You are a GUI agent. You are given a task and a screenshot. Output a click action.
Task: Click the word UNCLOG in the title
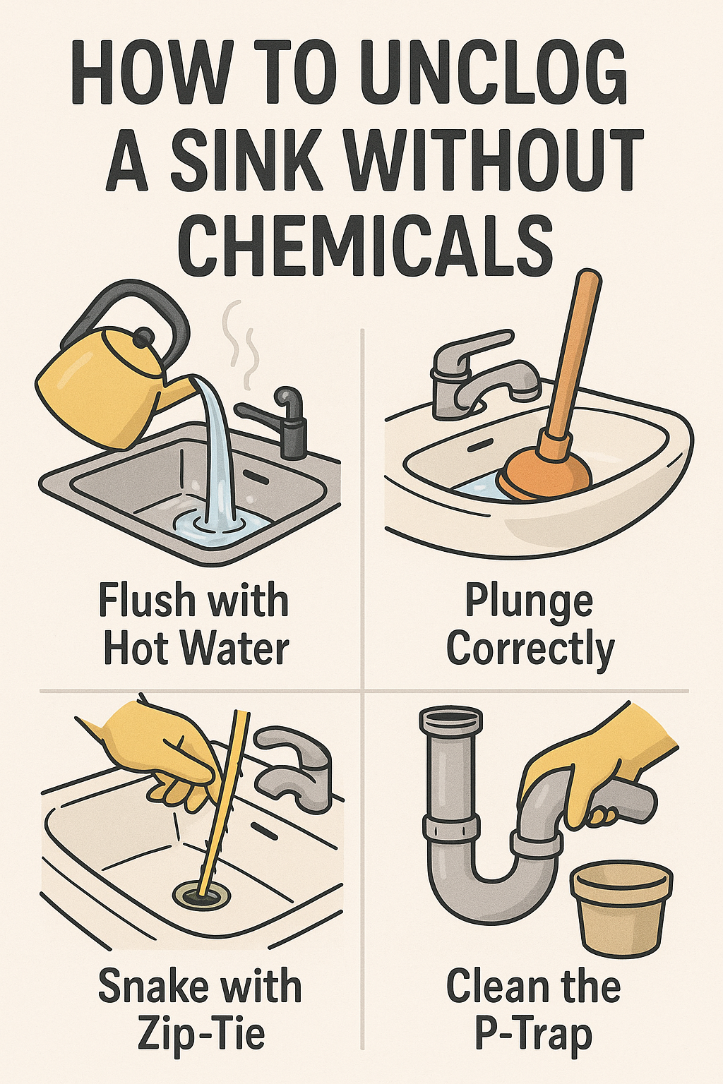coord(494,75)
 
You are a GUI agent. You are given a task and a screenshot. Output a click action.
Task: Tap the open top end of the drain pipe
coord(453,717)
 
